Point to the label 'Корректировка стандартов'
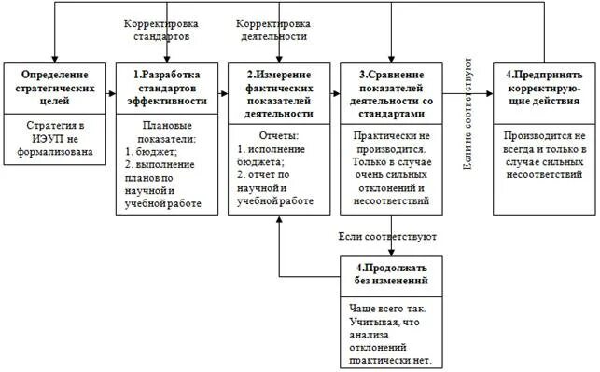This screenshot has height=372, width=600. tap(157, 29)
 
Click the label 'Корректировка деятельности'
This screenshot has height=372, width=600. tap(272, 29)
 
